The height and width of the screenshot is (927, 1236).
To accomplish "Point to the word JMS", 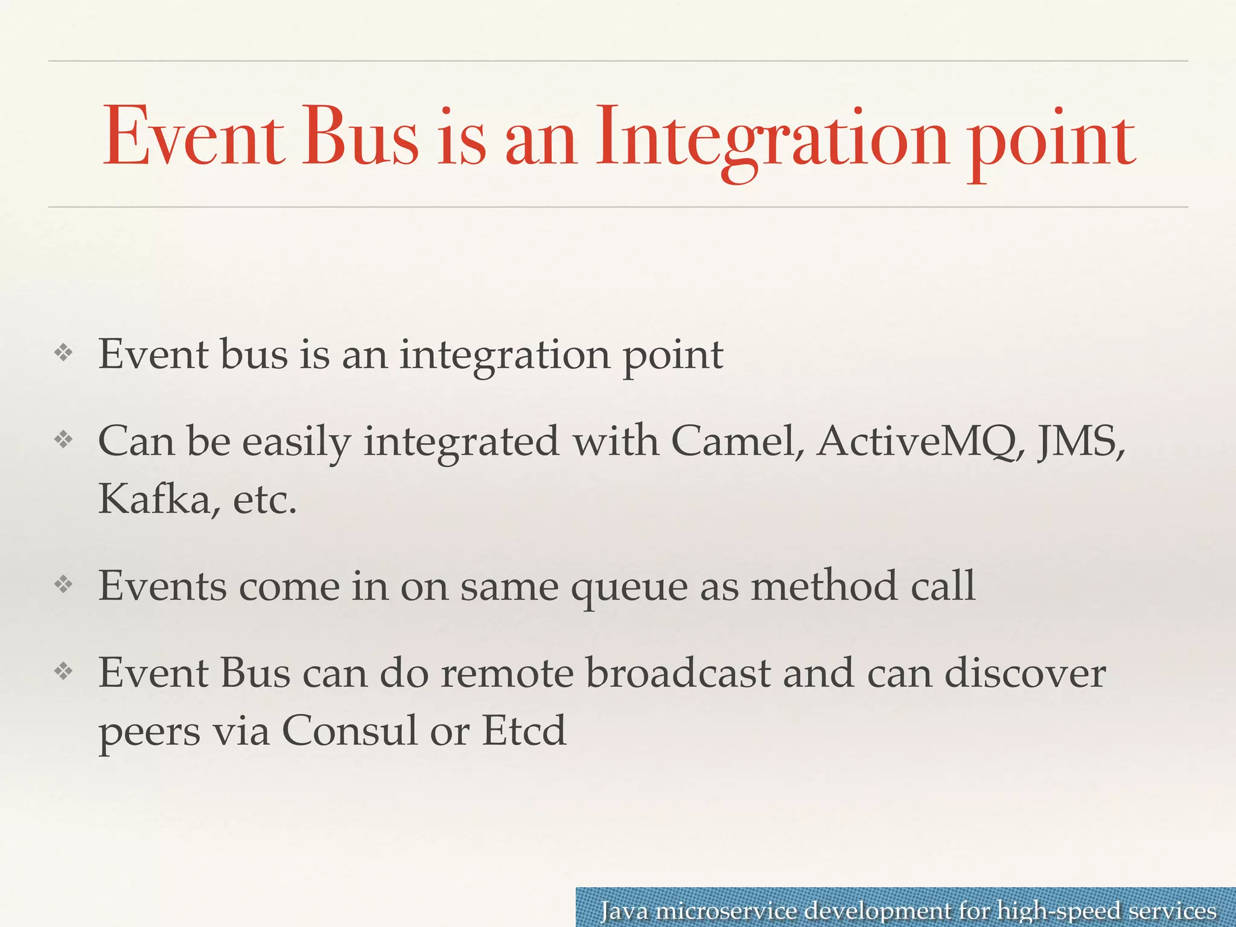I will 1080,441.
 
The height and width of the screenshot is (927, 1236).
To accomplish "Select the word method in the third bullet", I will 824,586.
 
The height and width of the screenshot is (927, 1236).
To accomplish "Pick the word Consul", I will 349,731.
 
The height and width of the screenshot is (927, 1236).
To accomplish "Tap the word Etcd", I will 524,731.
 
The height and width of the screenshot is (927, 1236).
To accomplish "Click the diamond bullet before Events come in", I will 63,584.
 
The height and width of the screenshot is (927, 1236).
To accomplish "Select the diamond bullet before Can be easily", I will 63,439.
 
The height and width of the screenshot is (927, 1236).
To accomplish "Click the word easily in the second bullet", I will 296,442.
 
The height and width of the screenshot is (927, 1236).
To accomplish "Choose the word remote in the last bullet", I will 506,673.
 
